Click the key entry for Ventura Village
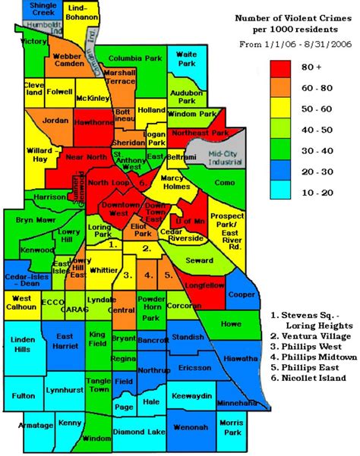(x=309, y=335)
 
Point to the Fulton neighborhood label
(x=23, y=395)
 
